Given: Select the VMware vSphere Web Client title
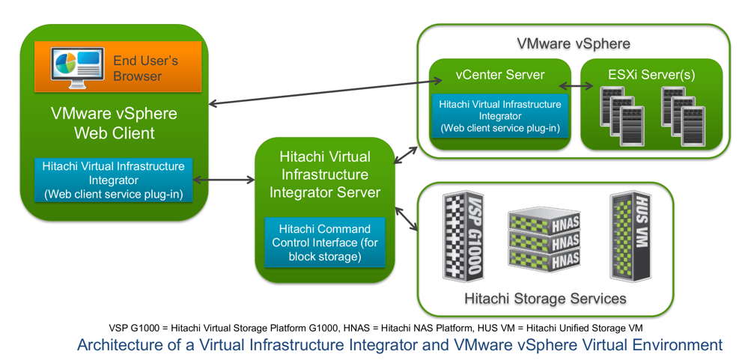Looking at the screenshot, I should click(114, 123).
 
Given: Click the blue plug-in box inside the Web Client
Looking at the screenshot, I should click(114, 180).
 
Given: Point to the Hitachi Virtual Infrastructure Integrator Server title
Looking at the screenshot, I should click(323, 174).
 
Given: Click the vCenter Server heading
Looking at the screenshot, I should click(499, 75).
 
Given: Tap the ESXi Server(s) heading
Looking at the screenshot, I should click(651, 75).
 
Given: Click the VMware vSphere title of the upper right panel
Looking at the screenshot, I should click(574, 43).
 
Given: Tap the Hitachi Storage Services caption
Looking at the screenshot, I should click(544, 299).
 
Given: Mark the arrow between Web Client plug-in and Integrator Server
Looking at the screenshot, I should click(223, 180).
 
